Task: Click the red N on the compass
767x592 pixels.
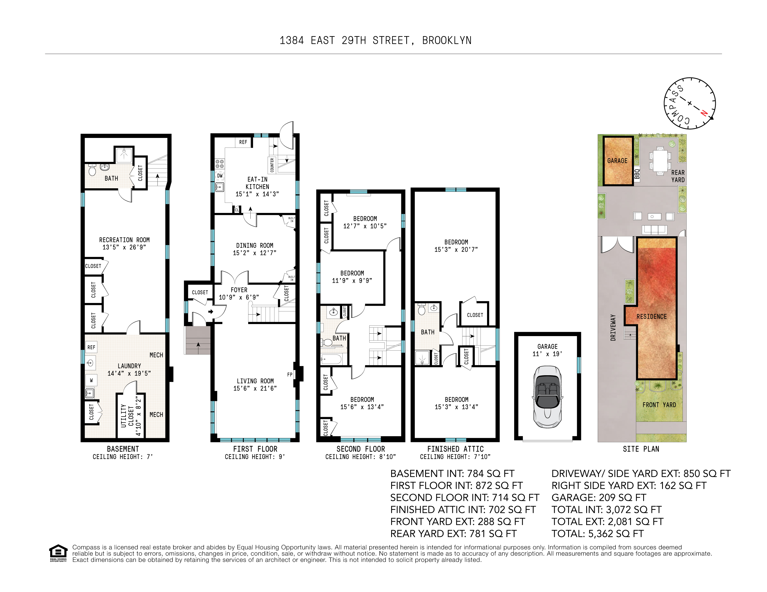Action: pos(704,113)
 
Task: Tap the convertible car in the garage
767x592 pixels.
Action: pos(547,396)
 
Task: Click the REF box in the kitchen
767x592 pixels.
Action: pos(243,142)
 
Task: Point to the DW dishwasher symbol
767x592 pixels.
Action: pos(219,176)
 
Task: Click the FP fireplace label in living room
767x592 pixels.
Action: pos(290,374)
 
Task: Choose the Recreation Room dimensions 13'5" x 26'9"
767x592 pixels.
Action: pos(124,247)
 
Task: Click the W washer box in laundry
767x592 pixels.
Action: pos(91,380)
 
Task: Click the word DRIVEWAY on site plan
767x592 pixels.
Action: pos(613,327)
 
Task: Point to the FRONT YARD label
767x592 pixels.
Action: pos(659,405)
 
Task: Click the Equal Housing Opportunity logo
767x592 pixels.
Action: pos(58,553)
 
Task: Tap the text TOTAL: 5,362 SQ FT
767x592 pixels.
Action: pos(597,533)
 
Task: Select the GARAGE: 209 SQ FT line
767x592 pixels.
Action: pos(599,497)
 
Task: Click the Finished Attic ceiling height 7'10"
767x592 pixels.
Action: pos(455,457)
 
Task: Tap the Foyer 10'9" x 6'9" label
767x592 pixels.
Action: pos(239,294)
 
